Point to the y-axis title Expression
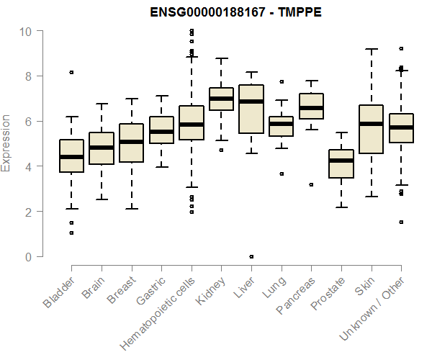point(6,143)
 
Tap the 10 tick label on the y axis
point(26,31)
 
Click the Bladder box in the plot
point(71,156)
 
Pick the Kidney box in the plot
point(221,99)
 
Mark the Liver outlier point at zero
point(251,256)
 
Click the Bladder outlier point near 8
point(71,73)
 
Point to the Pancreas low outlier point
point(311,185)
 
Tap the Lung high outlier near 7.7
point(282,82)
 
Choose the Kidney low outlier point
point(221,150)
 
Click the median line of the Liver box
point(251,102)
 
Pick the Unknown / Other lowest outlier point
point(401,222)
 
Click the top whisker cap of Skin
point(372,49)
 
